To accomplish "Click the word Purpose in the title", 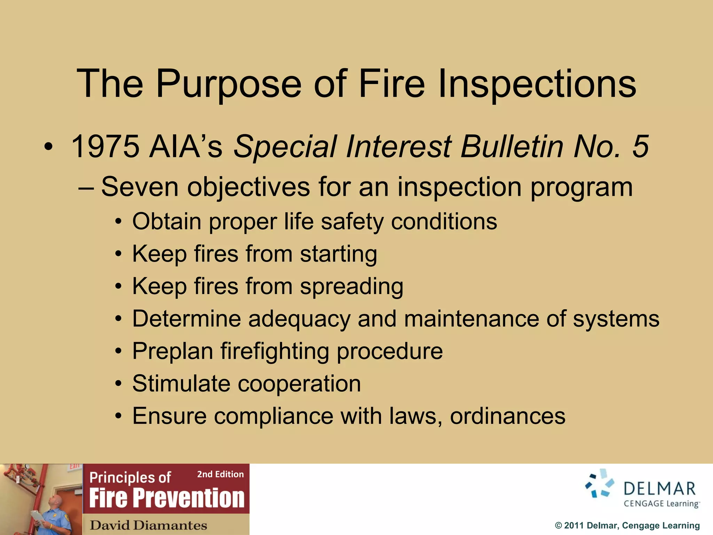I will click(228, 84).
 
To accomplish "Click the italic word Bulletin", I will click(512, 146).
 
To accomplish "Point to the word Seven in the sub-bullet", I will click(140, 187).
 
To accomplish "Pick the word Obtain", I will click(167, 221).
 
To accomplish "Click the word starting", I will click(338, 254).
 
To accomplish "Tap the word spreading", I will click(352, 286).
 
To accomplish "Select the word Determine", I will click(186, 318).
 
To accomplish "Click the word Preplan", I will click(173, 351).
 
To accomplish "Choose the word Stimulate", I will click(181, 383).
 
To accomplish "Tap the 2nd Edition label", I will click(220, 474).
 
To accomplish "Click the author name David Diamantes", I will click(148, 525).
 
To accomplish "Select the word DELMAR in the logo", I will click(659, 489).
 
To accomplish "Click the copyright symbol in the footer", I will click(558, 526).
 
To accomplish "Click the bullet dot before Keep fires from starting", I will click(119, 254).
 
